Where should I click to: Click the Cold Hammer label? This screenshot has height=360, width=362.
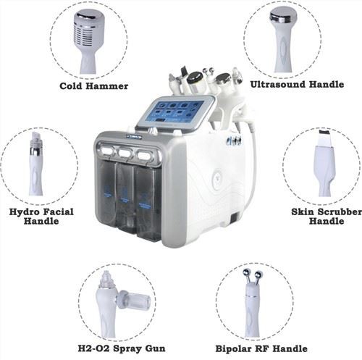point(94,85)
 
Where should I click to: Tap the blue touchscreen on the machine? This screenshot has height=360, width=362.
point(176,112)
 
